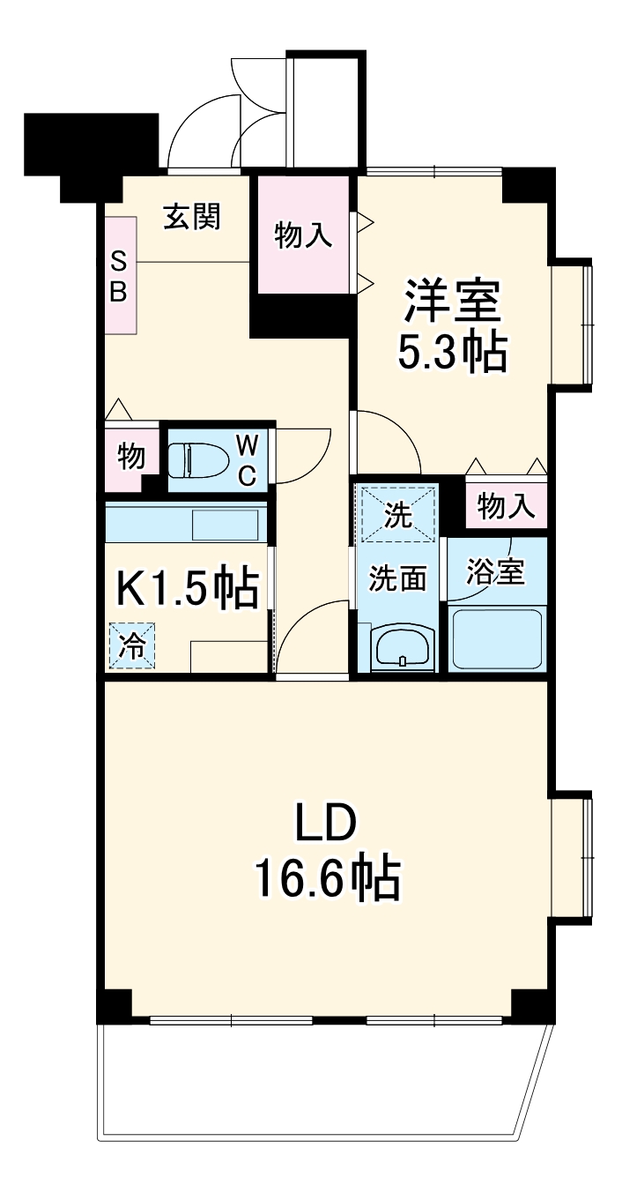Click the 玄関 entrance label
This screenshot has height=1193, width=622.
click(191, 217)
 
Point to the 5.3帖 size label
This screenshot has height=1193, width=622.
click(452, 353)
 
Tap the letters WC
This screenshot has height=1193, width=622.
click(246, 459)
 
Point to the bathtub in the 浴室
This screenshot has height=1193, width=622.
click(496, 638)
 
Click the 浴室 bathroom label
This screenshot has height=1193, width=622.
click(496, 573)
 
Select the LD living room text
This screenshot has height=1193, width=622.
click(326, 826)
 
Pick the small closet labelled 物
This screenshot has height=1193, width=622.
click(130, 458)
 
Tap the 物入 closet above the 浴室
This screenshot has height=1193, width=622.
click(506, 506)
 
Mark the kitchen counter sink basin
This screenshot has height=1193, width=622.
click(225, 525)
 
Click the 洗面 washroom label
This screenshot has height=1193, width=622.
click(397, 578)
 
